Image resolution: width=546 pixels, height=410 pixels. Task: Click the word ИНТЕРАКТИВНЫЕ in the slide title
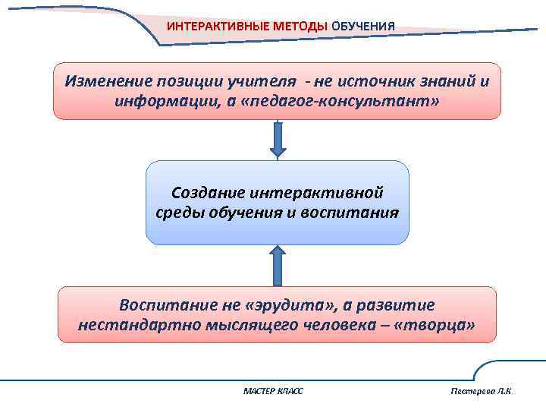tap(208, 26)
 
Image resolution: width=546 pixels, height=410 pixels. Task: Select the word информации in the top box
tap(160, 101)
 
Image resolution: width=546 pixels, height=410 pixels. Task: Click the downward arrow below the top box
tap(278, 140)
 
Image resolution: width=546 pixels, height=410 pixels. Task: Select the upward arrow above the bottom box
tap(278, 265)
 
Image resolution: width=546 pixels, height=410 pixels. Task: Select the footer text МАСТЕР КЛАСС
tap(273, 390)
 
